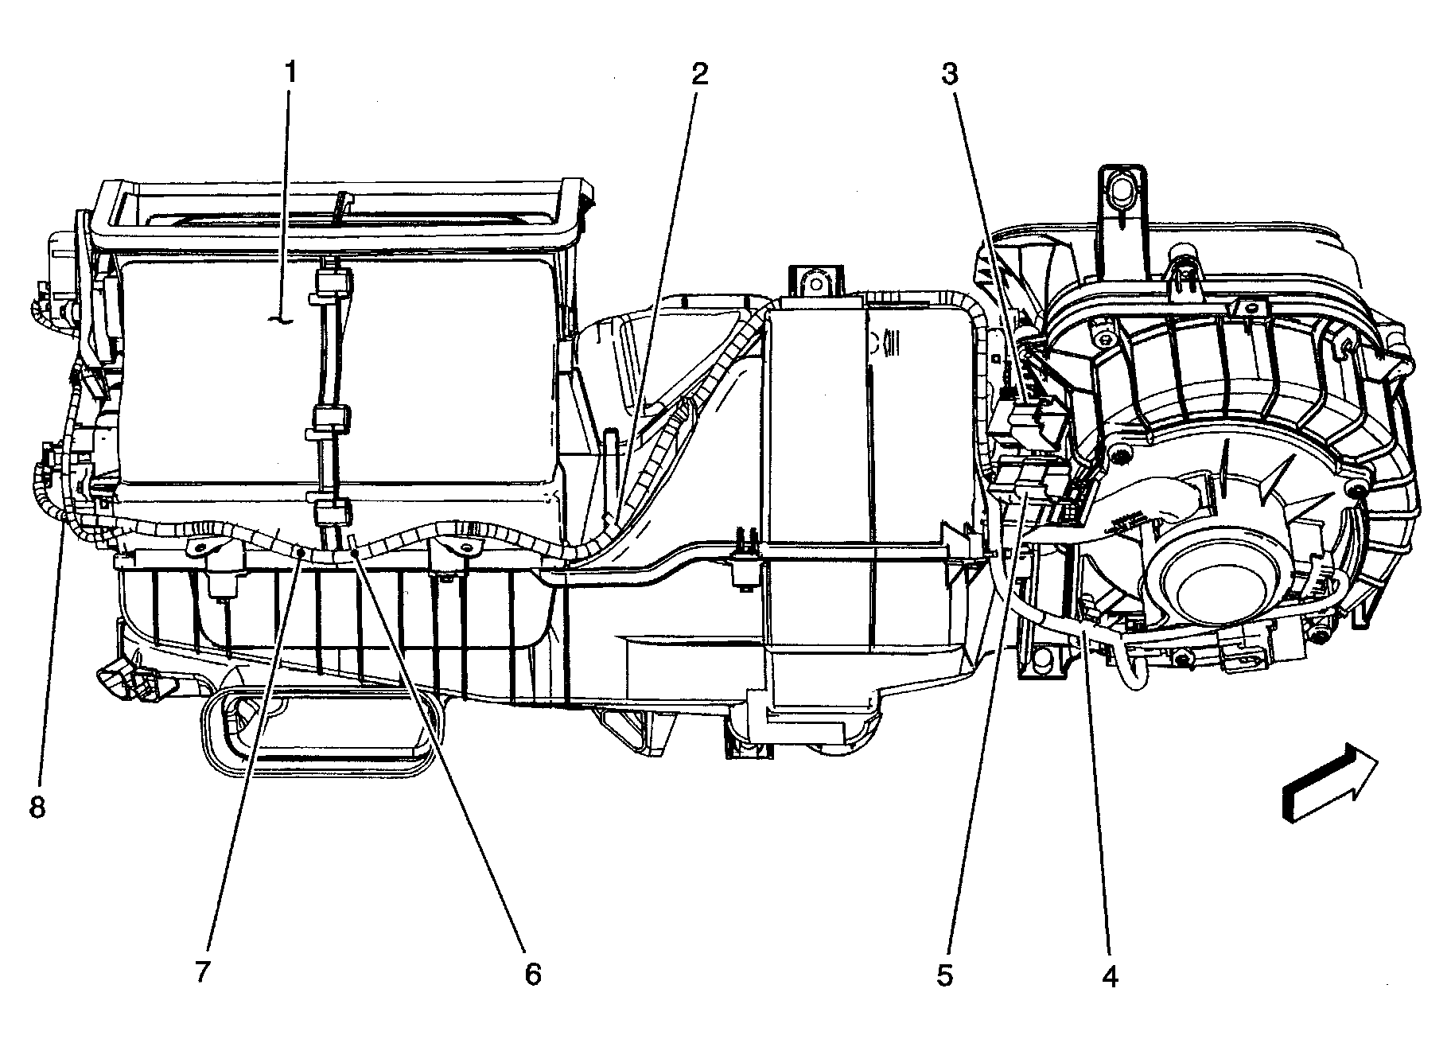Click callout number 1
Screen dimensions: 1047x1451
coord(290,74)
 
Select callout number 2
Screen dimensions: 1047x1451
coord(698,74)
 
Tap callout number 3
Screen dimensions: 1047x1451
coord(950,74)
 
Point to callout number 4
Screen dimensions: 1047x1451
coord(1111,975)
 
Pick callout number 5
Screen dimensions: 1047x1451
coord(945,975)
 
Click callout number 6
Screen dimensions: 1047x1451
coord(532,975)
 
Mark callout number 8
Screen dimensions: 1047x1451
coord(37,808)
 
